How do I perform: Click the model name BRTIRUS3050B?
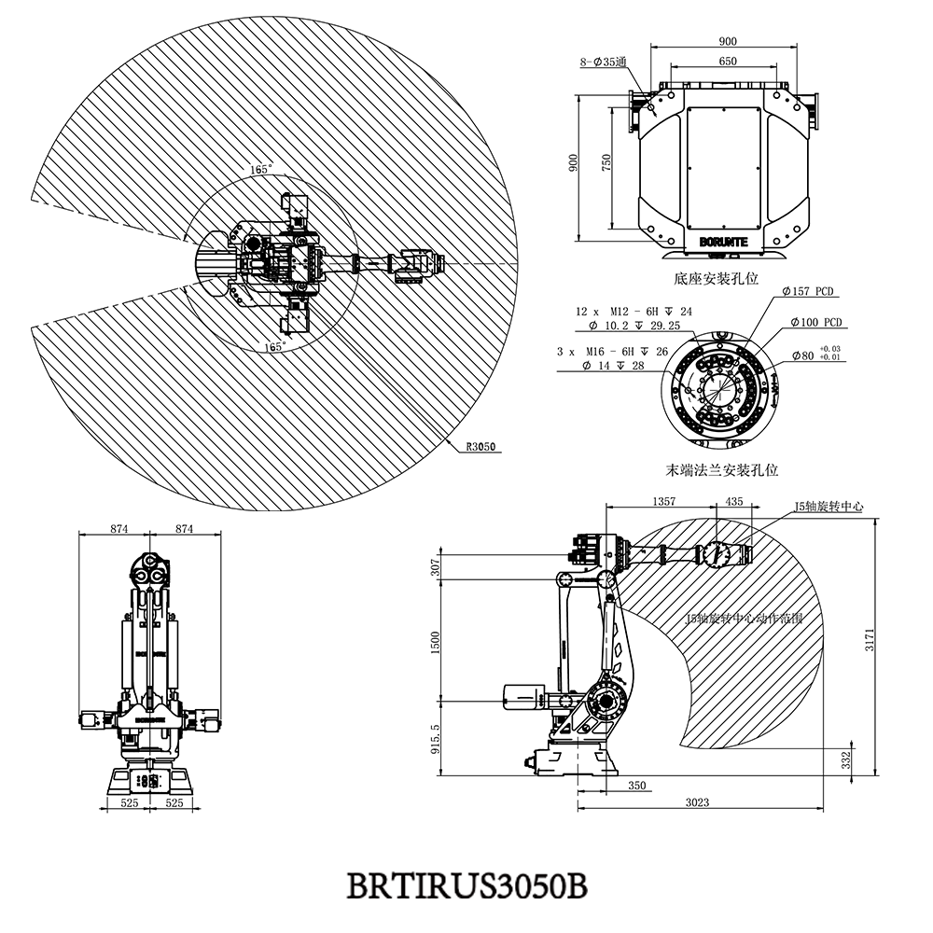coord(466,884)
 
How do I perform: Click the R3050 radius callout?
coord(480,446)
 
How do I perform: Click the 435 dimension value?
coord(734,502)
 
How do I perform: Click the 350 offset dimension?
coord(636,787)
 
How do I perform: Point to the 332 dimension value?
coord(845,760)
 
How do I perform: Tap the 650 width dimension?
coord(728,62)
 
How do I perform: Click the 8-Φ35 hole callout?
coord(603,63)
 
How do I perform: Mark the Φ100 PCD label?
coord(815,323)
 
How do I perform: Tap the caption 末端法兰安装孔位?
coord(722,471)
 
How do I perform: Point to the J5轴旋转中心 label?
coord(829,507)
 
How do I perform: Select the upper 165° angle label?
coord(261,171)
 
